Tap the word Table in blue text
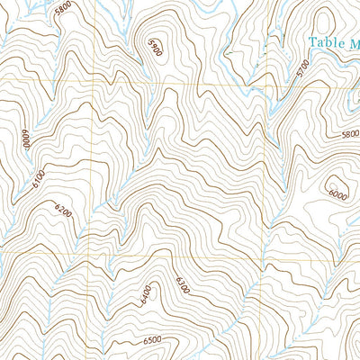pos(324,41)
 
